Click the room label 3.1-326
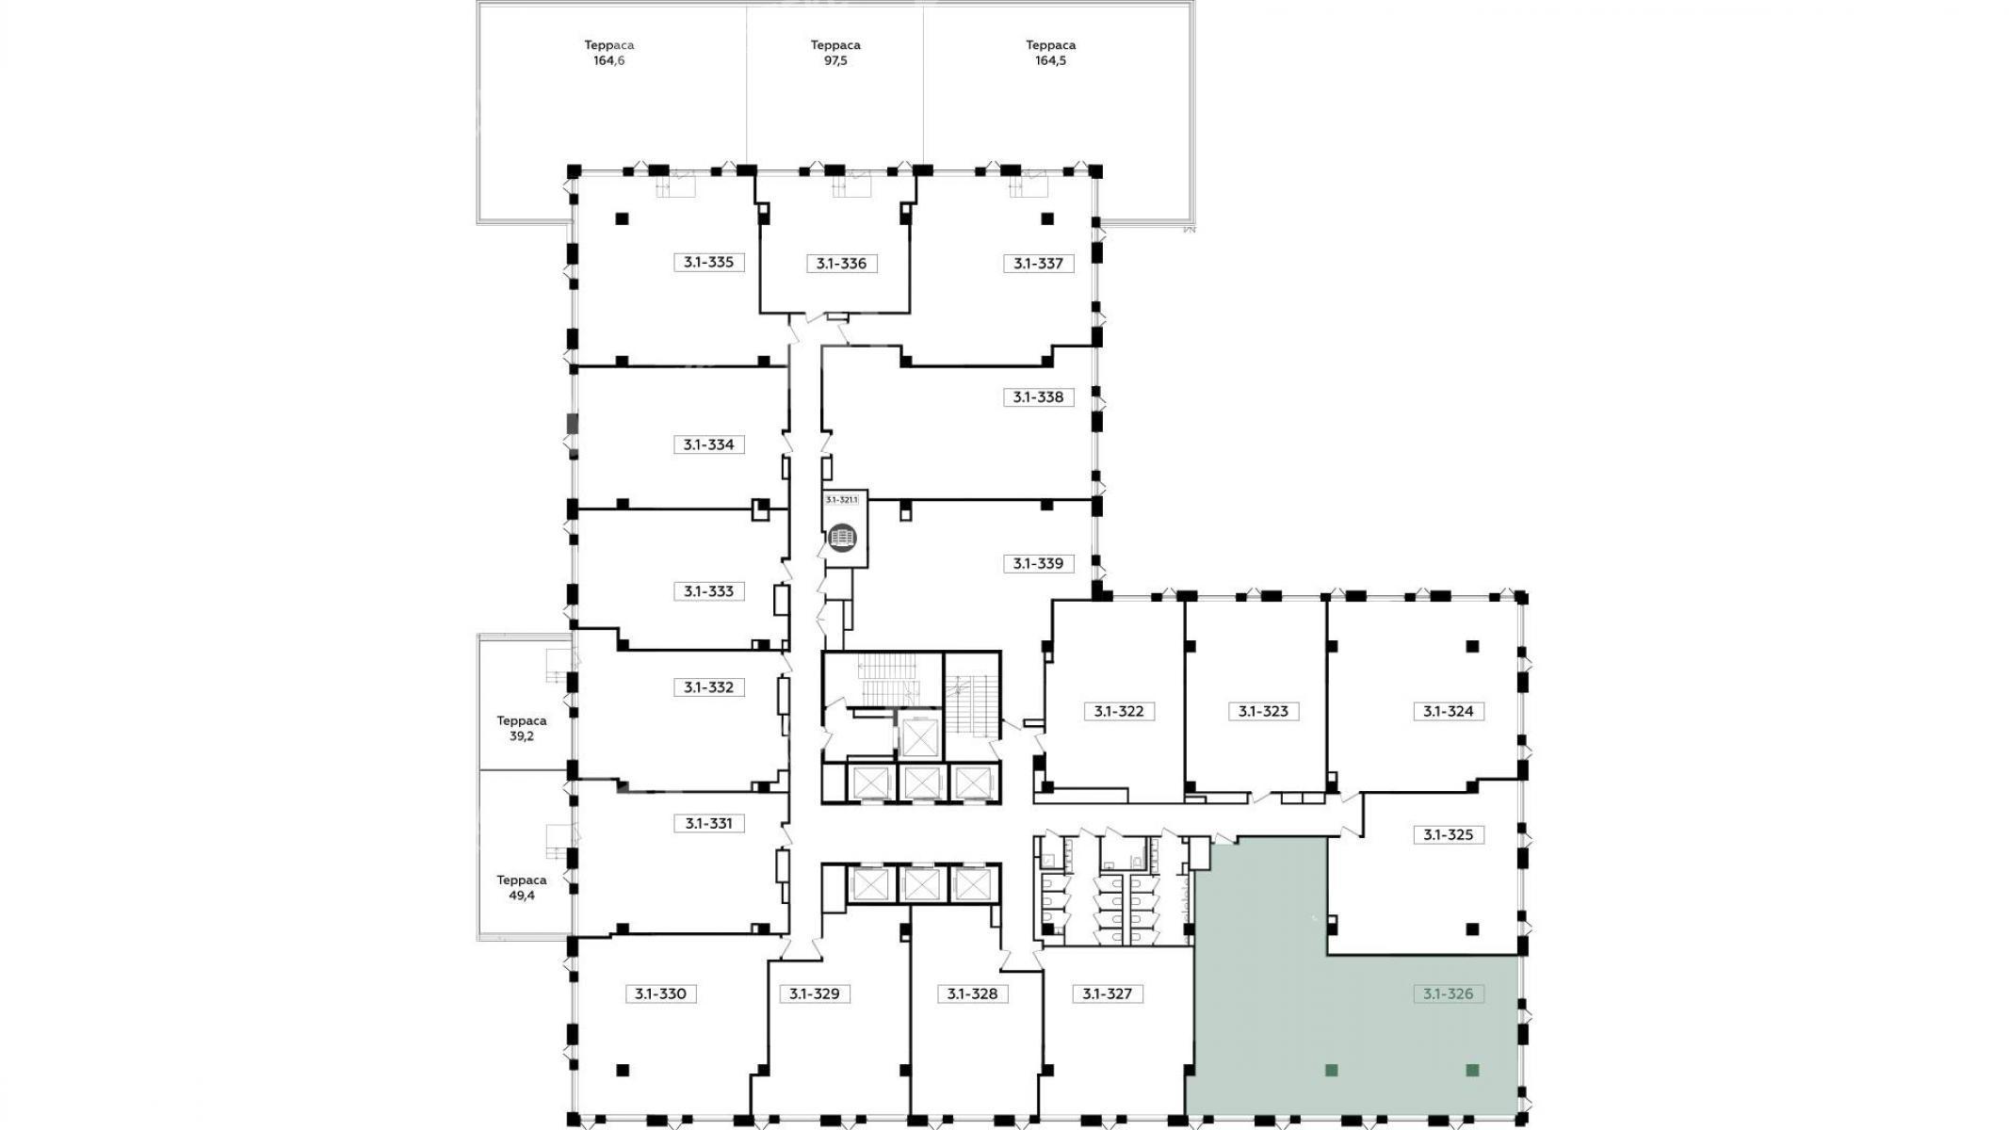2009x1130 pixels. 1449,993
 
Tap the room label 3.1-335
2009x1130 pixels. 708,263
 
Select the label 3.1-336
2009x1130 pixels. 841,264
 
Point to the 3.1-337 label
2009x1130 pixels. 1038,264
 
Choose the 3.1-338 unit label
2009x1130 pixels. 1038,397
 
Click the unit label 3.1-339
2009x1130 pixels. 1038,564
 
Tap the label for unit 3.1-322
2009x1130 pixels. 1119,712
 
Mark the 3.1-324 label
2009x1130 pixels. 1449,712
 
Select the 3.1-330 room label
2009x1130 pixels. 659,993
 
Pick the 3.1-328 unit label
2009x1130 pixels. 972,993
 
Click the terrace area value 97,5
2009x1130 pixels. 835,61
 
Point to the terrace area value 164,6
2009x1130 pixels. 608,61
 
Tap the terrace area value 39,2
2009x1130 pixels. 522,736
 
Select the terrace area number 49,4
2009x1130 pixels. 522,896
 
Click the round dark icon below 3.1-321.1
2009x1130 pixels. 843,537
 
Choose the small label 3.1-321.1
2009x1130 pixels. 842,500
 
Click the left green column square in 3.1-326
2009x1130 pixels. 1332,1070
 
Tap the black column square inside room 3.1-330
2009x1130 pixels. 623,1070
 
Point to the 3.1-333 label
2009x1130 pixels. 708,591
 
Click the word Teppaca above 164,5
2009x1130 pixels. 1050,45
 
